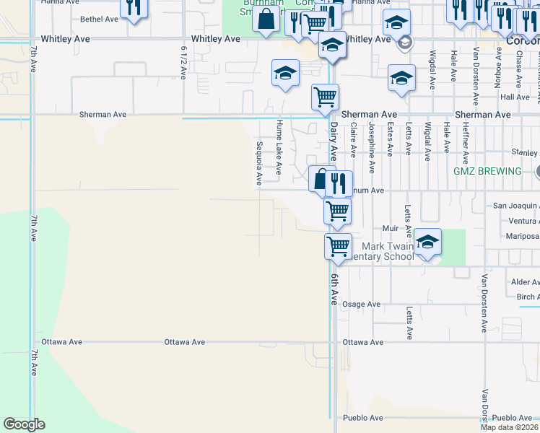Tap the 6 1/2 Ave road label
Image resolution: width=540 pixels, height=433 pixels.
coord(183,63)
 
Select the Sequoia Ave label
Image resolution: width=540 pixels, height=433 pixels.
coord(258,162)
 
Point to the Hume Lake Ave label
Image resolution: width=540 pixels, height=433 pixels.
coord(278,149)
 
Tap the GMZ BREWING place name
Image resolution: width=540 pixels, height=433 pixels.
coord(487,171)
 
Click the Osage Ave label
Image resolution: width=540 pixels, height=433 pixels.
coord(361,305)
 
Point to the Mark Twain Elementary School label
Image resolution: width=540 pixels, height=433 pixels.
coord(390,251)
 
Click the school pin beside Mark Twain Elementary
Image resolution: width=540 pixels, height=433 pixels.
coord(427,242)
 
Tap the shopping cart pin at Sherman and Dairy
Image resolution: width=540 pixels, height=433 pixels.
coord(325,96)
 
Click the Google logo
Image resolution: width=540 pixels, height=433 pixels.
coord(24,424)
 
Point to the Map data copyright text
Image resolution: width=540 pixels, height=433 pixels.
coord(509,427)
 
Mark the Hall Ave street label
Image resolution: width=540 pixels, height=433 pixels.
coord(515,97)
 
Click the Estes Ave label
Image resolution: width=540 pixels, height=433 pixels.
coord(390,139)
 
